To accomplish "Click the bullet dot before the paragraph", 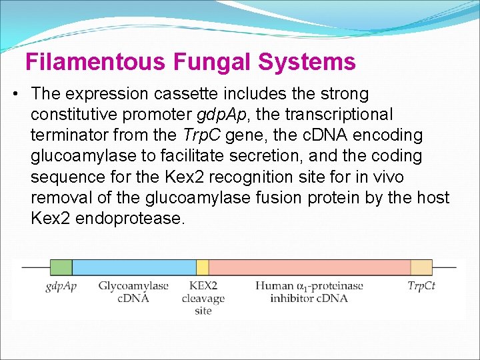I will (x=15, y=94).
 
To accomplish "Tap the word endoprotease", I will (x=130, y=218).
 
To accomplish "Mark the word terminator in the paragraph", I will (x=69, y=135).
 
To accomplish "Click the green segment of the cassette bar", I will (x=61, y=267).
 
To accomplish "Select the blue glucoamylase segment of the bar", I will (x=133, y=267).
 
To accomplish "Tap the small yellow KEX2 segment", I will (x=202, y=267).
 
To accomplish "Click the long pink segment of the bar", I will (x=309, y=267).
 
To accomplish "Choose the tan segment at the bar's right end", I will (x=421, y=267).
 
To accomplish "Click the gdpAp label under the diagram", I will (x=61, y=286).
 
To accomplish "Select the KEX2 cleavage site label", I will (x=203, y=298).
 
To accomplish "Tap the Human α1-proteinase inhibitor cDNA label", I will (x=309, y=292).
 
